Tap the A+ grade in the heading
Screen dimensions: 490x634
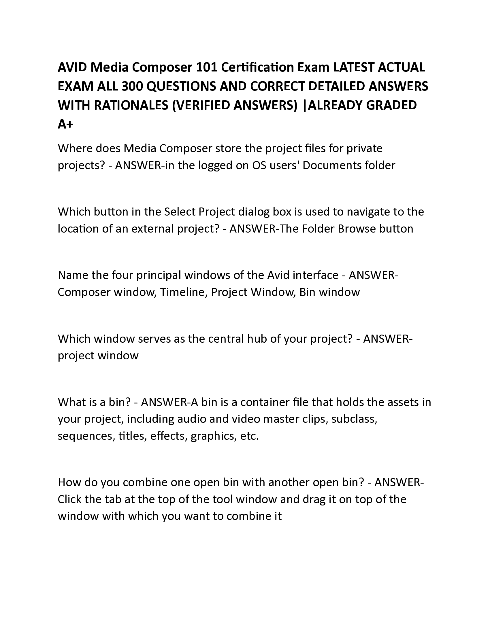66,124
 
